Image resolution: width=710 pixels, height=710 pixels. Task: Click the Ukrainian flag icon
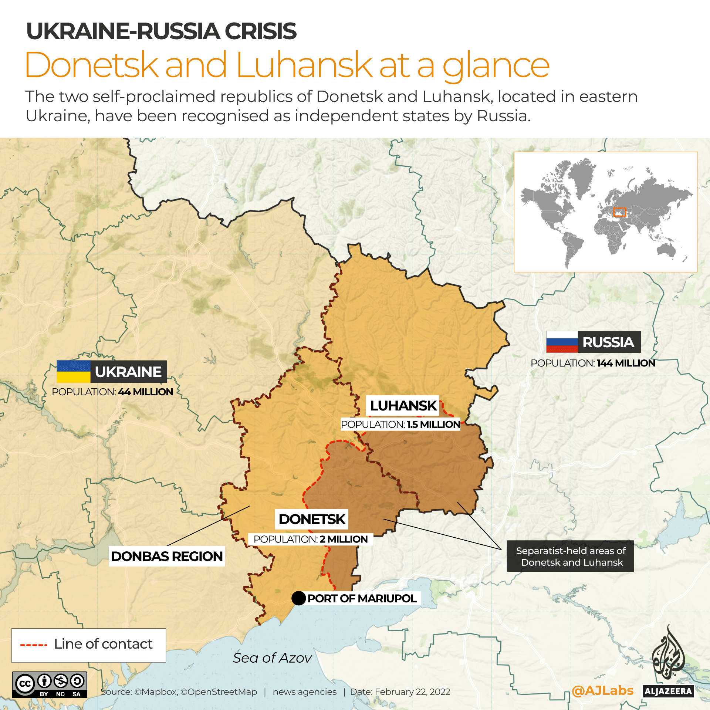[73, 371]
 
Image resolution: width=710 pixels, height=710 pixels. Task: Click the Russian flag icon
[562, 342]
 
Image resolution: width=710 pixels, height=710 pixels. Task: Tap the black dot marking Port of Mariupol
[298, 598]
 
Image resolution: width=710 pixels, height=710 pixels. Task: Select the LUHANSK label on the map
[403, 406]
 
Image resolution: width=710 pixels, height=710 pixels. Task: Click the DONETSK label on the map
[312, 519]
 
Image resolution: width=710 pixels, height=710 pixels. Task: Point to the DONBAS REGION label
[167, 556]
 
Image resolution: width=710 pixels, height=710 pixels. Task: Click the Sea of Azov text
[272, 658]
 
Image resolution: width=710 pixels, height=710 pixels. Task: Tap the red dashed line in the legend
[34, 645]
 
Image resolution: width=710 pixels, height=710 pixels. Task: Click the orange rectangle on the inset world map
[619, 212]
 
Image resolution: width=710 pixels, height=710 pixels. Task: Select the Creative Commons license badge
[50, 684]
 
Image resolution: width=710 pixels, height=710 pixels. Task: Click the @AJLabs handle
[602, 690]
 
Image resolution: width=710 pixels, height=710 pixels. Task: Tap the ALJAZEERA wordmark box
[668, 691]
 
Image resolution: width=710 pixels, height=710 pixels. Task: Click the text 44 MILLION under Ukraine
[145, 392]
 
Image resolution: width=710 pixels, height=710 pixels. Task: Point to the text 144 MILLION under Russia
[626, 363]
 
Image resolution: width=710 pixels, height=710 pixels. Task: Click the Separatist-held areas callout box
[570, 557]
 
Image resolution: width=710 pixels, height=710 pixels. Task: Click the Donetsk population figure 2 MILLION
[344, 539]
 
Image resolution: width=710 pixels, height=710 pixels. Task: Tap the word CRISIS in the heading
[260, 31]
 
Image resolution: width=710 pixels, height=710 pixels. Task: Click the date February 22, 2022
[412, 692]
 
